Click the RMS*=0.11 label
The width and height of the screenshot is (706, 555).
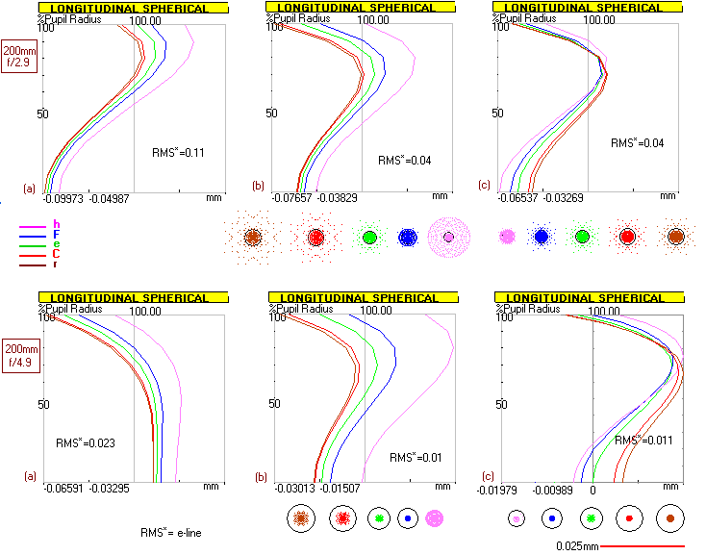tap(180, 152)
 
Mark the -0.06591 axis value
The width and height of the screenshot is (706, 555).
tap(63, 489)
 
